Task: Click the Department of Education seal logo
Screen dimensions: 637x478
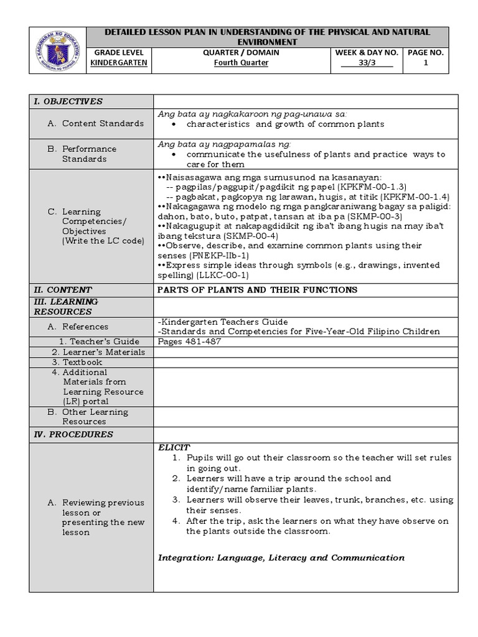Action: point(58,49)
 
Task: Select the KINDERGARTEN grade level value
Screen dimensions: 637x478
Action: point(119,63)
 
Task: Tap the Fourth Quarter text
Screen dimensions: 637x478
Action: point(241,63)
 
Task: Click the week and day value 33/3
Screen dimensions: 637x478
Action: point(367,63)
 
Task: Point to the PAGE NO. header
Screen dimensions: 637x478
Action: point(426,52)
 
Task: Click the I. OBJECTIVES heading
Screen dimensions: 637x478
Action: point(68,101)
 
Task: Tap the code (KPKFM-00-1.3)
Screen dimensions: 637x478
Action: point(370,186)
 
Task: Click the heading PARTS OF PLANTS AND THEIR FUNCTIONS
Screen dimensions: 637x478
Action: point(258,289)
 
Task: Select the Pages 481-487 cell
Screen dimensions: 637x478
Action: point(189,342)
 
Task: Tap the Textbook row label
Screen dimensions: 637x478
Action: point(82,362)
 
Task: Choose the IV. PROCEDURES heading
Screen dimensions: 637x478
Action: point(73,434)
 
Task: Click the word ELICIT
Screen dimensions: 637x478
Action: point(174,447)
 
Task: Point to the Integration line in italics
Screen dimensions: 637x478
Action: point(281,557)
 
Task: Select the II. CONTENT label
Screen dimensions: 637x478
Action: point(63,289)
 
